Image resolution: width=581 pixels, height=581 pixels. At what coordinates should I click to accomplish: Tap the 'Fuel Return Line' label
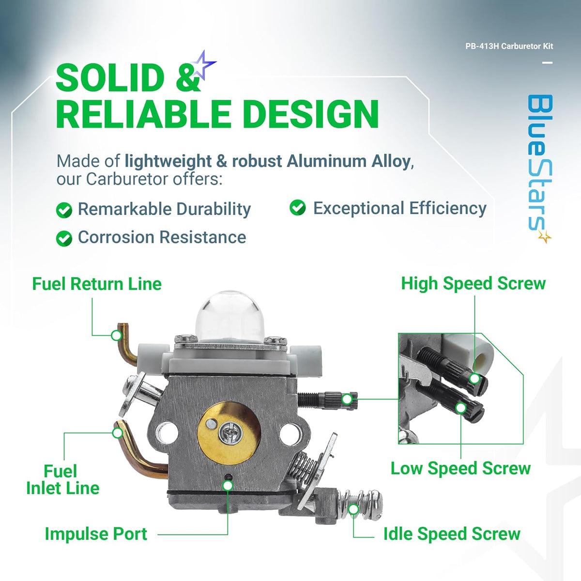[x=97, y=284]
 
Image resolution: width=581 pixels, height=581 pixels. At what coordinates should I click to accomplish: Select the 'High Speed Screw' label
[x=473, y=283]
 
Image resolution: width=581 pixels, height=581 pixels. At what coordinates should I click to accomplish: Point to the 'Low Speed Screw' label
[x=460, y=468]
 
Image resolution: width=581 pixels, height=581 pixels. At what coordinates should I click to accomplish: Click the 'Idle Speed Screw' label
[x=451, y=534]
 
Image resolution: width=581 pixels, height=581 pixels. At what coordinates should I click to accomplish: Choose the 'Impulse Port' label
[x=96, y=534]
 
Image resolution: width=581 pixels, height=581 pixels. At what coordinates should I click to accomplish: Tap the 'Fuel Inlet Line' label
[x=62, y=479]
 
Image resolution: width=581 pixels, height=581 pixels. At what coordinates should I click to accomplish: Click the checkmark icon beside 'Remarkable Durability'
[x=64, y=210]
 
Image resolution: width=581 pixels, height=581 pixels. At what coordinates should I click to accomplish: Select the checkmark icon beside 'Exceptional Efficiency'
[x=298, y=208]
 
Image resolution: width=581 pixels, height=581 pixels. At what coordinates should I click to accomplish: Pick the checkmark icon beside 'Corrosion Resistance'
[x=64, y=238]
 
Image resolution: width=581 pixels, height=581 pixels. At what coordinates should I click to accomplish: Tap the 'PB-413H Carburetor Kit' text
[x=509, y=46]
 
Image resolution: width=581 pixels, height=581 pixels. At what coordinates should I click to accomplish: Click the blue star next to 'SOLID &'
[x=203, y=65]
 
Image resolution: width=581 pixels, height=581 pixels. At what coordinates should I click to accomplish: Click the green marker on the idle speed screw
[x=354, y=509]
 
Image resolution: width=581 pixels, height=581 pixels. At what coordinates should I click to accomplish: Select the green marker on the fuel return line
[x=116, y=335]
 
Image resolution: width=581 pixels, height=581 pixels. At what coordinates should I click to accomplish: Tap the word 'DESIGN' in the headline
[x=310, y=114]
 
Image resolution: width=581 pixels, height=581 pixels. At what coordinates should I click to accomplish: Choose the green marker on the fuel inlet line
[x=117, y=432]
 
